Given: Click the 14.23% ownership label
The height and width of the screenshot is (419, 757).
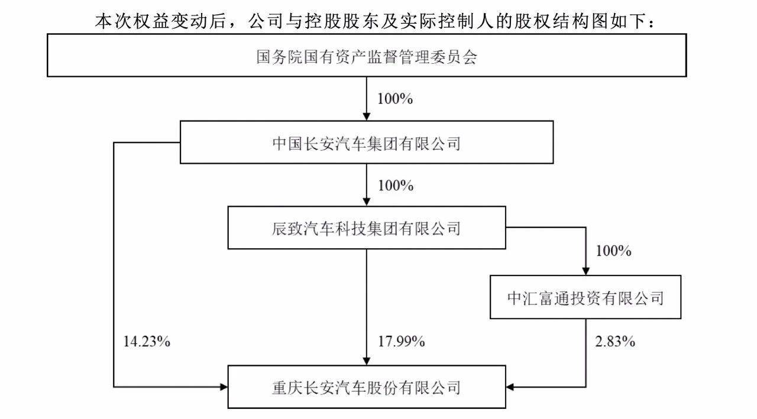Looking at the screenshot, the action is pos(146,342).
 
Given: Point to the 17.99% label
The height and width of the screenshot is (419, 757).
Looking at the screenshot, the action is pos(401,342).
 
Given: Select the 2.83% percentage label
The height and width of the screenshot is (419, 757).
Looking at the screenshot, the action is pos(615,342).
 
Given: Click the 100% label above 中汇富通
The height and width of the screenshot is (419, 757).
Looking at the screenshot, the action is pos(613,251).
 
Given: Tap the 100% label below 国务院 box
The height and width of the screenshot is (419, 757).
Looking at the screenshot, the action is pos(395,99).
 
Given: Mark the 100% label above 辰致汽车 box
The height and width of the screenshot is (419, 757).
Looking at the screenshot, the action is pos(396,186).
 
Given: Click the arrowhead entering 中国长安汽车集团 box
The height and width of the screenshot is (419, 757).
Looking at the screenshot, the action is pos(366,116).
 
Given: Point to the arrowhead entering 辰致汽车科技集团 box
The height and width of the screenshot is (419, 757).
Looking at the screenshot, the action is pos(366,202).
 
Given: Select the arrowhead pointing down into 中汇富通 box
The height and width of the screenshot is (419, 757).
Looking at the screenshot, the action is pos(585,271).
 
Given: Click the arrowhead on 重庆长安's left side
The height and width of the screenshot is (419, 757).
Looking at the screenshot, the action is pos(224,387).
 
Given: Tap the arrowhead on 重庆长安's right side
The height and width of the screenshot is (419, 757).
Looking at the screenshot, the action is pos(510,387).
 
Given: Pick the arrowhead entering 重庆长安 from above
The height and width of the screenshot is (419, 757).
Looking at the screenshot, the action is pos(366,361).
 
